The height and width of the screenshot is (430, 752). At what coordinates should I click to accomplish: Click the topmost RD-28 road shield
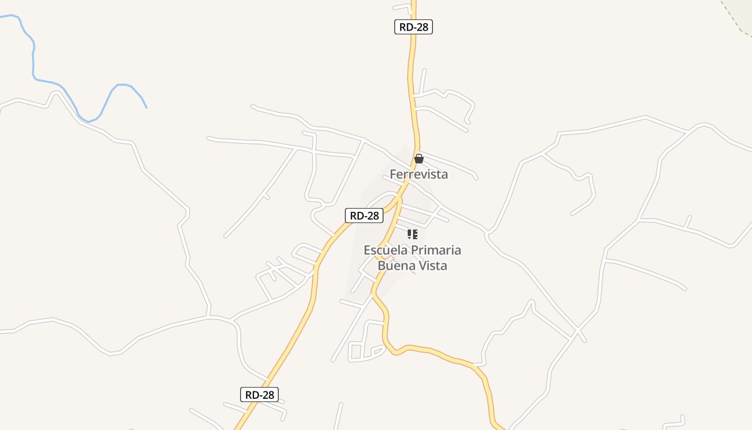point(413,27)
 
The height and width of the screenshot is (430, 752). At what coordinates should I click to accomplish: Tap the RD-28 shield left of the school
point(364,216)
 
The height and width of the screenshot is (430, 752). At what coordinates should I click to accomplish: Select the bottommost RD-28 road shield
point(259,395)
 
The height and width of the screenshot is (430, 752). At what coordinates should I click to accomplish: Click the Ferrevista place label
point(418,174)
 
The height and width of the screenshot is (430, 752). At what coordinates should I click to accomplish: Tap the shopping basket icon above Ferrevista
point(418,159)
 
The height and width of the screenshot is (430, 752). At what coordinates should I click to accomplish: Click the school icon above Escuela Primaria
point(412,234)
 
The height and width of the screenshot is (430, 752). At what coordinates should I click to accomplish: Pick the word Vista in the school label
point(431,266)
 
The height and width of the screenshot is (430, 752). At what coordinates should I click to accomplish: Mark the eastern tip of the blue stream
point(146,107)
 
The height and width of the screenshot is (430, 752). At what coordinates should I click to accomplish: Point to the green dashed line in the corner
point(736,19)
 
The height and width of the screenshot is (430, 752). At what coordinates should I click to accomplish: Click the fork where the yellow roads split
point(399,198)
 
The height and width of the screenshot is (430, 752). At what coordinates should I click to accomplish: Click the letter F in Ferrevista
point(393,174)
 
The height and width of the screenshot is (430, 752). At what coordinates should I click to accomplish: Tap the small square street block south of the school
point(356,351)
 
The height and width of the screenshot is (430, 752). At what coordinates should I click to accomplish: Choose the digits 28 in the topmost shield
point(422,27)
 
